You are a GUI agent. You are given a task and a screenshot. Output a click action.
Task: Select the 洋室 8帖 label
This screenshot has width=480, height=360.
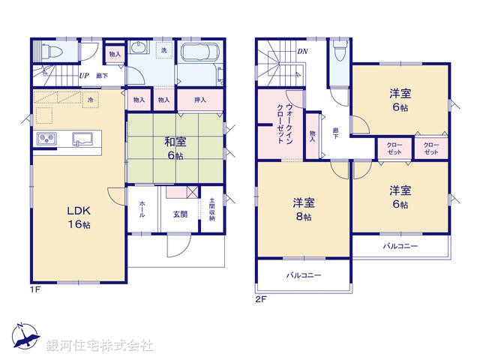(303, 208)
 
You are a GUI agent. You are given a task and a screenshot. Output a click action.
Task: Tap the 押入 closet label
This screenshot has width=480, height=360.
(201, 100)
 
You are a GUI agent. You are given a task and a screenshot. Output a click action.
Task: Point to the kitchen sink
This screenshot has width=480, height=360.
(81, 139)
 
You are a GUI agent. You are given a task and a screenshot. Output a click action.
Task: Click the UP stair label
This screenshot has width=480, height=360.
(84, 76)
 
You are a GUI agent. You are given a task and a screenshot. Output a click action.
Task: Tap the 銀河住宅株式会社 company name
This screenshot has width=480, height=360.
(100, 346)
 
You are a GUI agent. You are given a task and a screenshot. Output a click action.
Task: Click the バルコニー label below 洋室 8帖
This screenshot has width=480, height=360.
(303, 275)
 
